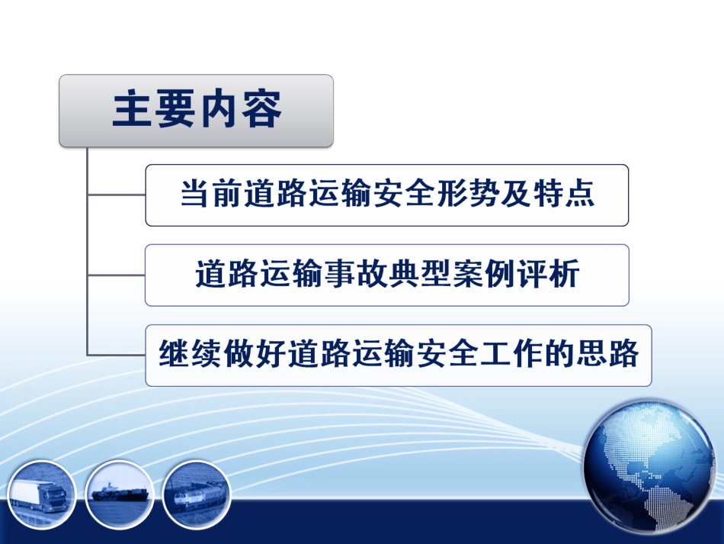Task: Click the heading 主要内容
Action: pos(197,110)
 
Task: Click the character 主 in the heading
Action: pos(133,110)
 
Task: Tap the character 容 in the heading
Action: pos(261,110)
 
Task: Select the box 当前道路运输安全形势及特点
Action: pos(387,195)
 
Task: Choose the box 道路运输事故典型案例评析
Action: pos(387,275)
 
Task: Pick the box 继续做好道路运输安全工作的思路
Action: pos(399,356)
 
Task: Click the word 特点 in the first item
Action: pos(564,193)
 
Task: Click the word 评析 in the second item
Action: pos(548,274)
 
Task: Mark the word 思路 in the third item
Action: pos(607,353)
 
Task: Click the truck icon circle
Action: pos(42,494)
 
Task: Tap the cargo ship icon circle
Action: pos(120,494)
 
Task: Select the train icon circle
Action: pos(197,494)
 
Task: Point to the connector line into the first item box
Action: pos(117,195)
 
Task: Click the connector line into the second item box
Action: pos(117,275)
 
